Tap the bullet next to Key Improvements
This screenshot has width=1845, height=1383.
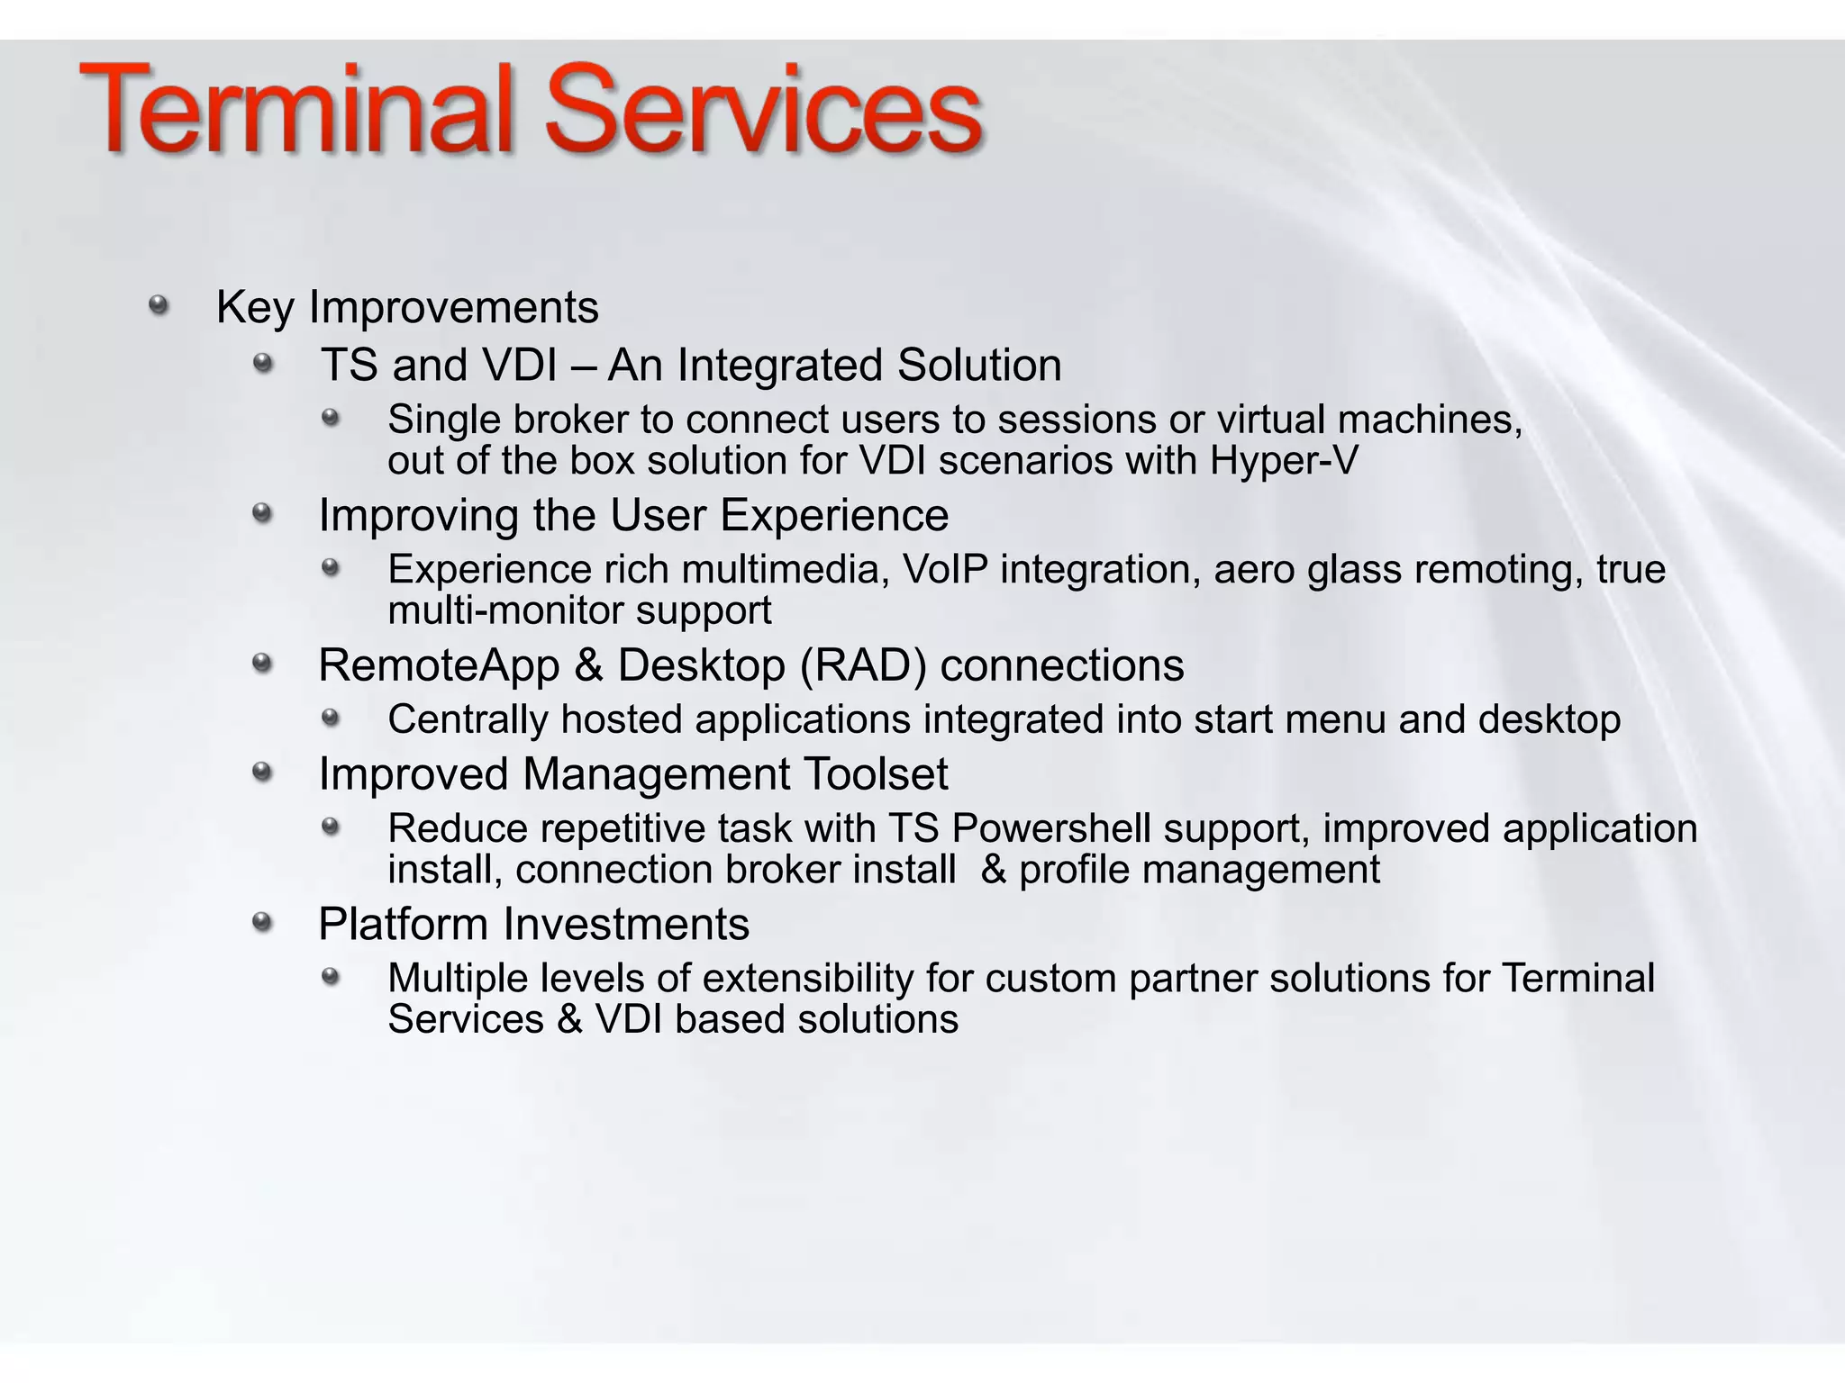(159, 305)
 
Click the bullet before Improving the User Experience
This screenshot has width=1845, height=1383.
(262, 513)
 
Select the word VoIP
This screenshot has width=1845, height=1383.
(944, 570)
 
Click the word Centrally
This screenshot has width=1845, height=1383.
(467, 720)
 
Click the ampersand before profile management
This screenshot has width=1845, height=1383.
(993, 870)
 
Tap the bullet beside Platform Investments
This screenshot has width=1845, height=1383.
(262, 922)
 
